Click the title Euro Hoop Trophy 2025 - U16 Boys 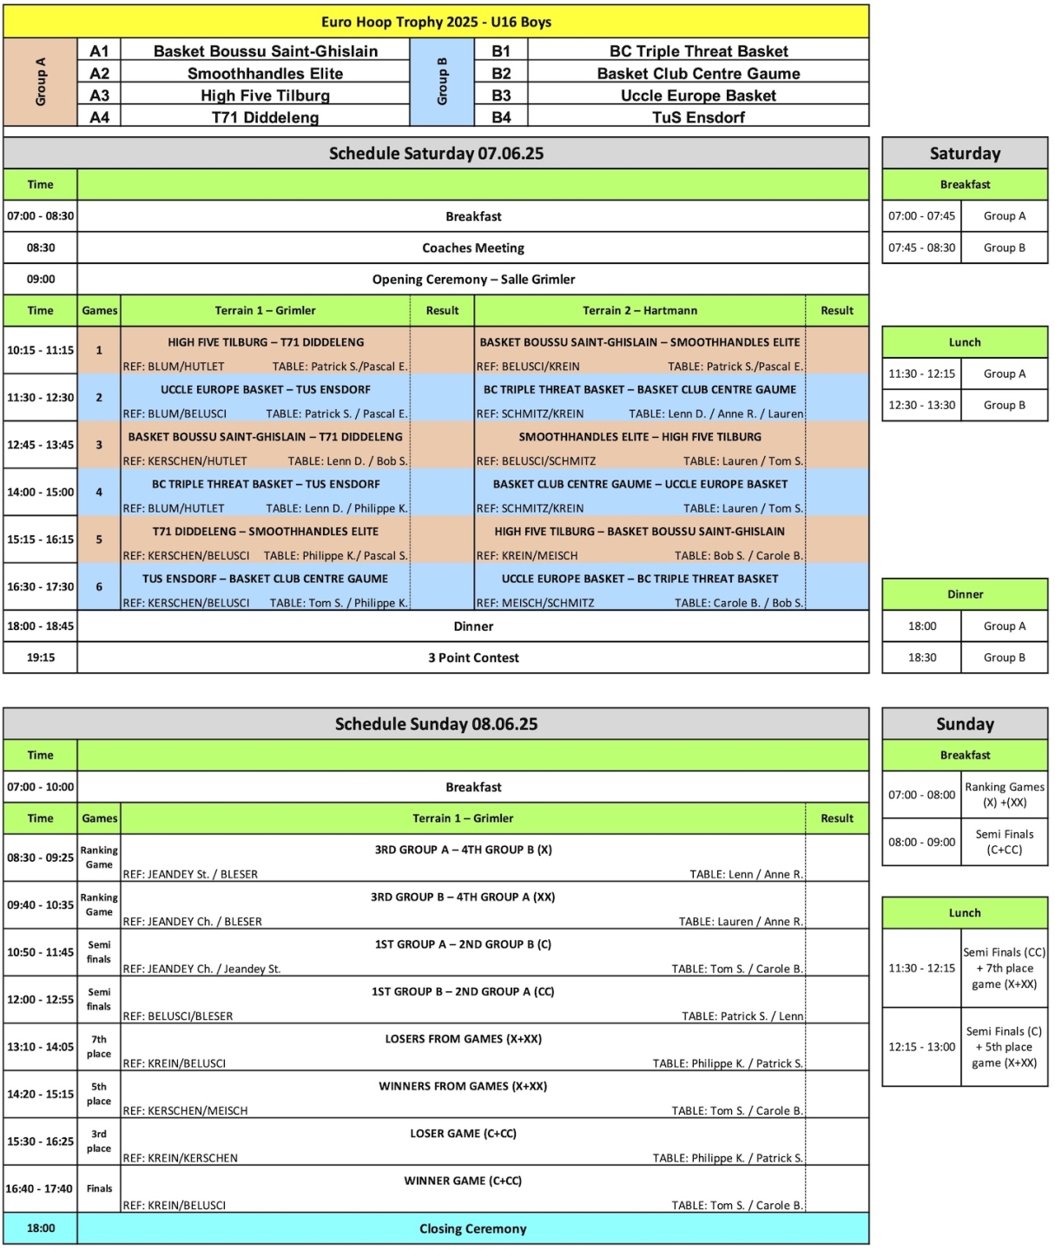[x=436, y=22]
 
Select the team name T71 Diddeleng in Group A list [x=265, y=117]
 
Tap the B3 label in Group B [x=501, y=96]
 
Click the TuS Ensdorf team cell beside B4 [x=698, y=117]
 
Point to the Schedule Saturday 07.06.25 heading [x=436, y=154]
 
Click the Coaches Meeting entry [x=473, y=248]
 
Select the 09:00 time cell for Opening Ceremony [x=41, y=279]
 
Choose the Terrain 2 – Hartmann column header [x=640, y=310]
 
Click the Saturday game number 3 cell [x=99, y=445]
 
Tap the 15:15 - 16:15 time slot [x=41, y=539]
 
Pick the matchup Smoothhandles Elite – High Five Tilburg [x=640, y=437]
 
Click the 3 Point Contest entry [x=473, y=658]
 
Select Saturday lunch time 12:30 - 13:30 [x=921, y=405]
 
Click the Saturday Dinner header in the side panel [x=965, y=594]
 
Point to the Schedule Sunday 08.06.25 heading [x=436, y=724]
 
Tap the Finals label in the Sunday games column [x=99, y=1188]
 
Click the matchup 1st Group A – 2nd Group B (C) [x=463, y=944]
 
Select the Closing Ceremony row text [x=473, y=1228]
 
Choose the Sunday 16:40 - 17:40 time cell [x=40, y=1188]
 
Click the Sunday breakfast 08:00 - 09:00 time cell [x=921, y=842]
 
